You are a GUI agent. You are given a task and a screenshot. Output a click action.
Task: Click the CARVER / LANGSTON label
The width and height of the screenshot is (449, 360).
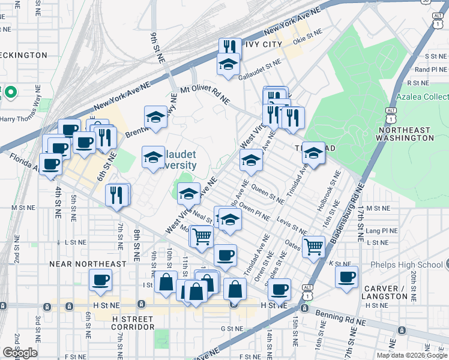click(385, 292)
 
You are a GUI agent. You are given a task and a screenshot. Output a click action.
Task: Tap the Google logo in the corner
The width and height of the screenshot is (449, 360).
click(20, 353)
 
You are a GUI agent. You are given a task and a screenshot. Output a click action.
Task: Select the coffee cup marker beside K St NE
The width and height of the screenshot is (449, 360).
click(346, 277)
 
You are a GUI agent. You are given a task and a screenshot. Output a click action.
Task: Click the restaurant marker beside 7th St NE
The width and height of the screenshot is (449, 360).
click(116, 194)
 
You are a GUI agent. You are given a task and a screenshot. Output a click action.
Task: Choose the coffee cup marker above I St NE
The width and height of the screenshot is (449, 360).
click(100, 280)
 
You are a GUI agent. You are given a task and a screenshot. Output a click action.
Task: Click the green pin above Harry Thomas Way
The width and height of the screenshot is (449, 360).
click(10, 92)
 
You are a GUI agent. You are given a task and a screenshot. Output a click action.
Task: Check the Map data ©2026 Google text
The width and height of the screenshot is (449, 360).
click(412, 355)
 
